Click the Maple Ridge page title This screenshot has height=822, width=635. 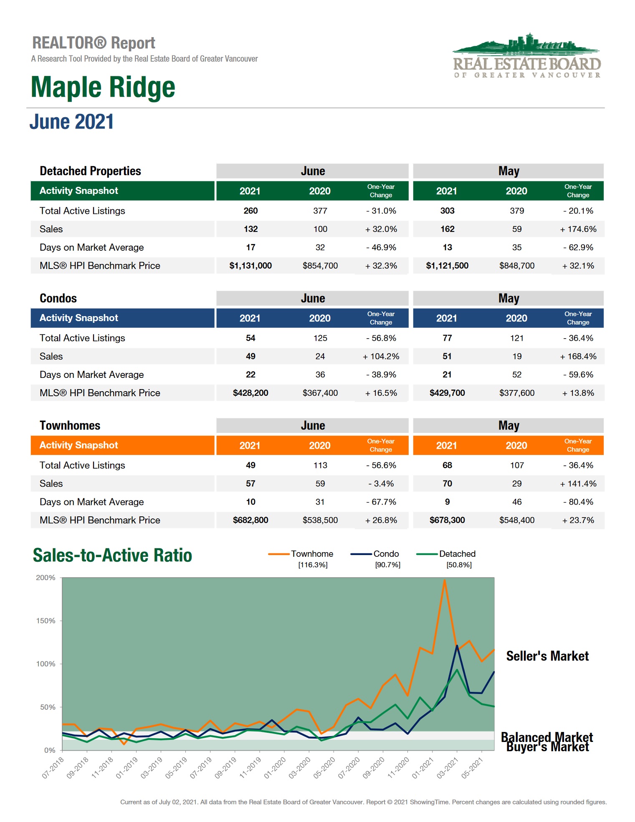pyautogui.click(x=103, y=87)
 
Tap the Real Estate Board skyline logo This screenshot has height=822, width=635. pyautogui.click(x=527, y=56)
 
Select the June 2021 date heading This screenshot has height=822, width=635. pyautogui.click(x=71, y=122)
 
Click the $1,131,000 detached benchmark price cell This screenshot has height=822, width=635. pyautogui.click(x=250, y=266)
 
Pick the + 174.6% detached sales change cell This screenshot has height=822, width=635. pyautogui.click(x=578, y=229)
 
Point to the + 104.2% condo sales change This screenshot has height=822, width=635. pyautogui.click(x=381, y=356)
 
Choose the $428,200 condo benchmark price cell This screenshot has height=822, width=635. pyautogui.click(x=250, y=393)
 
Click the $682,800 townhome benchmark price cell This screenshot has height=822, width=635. pyautogui.click(x=250, y=520)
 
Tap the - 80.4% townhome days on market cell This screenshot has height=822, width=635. pyautogui.click(x=578, y=502)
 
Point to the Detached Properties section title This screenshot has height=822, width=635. pyautogui.click(x=90, y=171)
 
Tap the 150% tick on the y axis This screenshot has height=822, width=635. pyautogui.click(x=46, y=621)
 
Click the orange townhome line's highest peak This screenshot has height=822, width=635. pyautogui.click(x=445, y=580)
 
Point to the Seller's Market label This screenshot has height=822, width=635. pyautogui.click(x=547, y=656)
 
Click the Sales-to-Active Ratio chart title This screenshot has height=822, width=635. pyautogui.click(x=112, y=556)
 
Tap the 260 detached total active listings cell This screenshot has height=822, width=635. pyautogui.click(x=250, y=211)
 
